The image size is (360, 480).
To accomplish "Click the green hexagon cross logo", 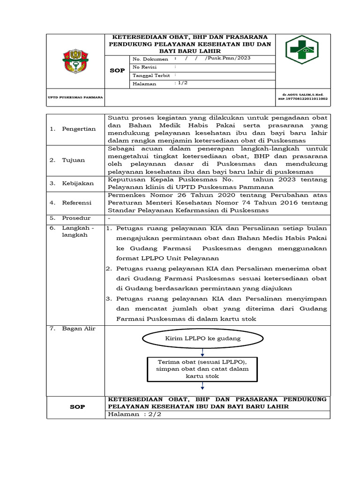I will click(x=302, y=49).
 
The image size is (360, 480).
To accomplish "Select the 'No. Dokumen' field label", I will click(x=150, y=59).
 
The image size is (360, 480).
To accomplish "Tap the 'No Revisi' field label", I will click(x=145, y=67).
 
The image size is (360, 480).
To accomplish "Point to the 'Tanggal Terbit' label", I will click(x=150, y=75).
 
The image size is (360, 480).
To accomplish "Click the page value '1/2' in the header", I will click(x=180, y=83).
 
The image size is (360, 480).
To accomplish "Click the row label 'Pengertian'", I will click(x=79, y=129).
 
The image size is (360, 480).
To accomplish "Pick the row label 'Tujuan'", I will click(x=74, y=160).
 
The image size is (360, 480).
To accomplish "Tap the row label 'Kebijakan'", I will click(x=78, y=184).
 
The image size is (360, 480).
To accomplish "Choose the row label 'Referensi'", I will click(x=77, y=203).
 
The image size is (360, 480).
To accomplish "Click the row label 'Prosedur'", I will click(x=76, y=218).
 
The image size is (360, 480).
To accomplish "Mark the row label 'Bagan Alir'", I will click(x=79, y=329).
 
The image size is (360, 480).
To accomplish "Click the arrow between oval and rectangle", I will click(x=202, y=352).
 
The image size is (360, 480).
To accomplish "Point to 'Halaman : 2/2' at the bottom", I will click(x=135, y=414).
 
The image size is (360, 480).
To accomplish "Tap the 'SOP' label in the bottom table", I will click(x=77, y=407).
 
